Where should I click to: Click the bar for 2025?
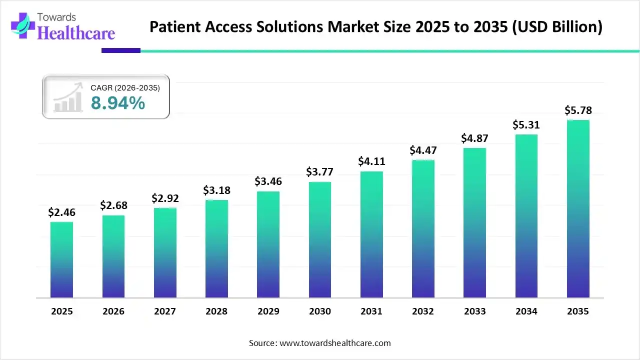[x=61, y=260]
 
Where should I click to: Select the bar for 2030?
[x=319, y=240]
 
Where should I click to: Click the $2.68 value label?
[x=113, y=205]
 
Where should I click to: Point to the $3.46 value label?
[x=268, y=181]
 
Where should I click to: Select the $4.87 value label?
[x=474, y=138]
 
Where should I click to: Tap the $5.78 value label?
[x=578, y=110]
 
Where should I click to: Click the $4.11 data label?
[x=371, y=161]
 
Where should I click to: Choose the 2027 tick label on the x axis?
[x=165, y=311]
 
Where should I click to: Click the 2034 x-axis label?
[x=526, y=311]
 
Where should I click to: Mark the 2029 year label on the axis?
[x=268, y=311]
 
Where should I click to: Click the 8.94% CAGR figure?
[x=118, y=103]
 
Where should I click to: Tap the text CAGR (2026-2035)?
[x=125, y=88]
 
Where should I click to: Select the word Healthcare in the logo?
[x=76, y=33]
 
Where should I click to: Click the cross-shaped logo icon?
[x=20, y=25]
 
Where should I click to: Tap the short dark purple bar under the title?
[x=120, y=50]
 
